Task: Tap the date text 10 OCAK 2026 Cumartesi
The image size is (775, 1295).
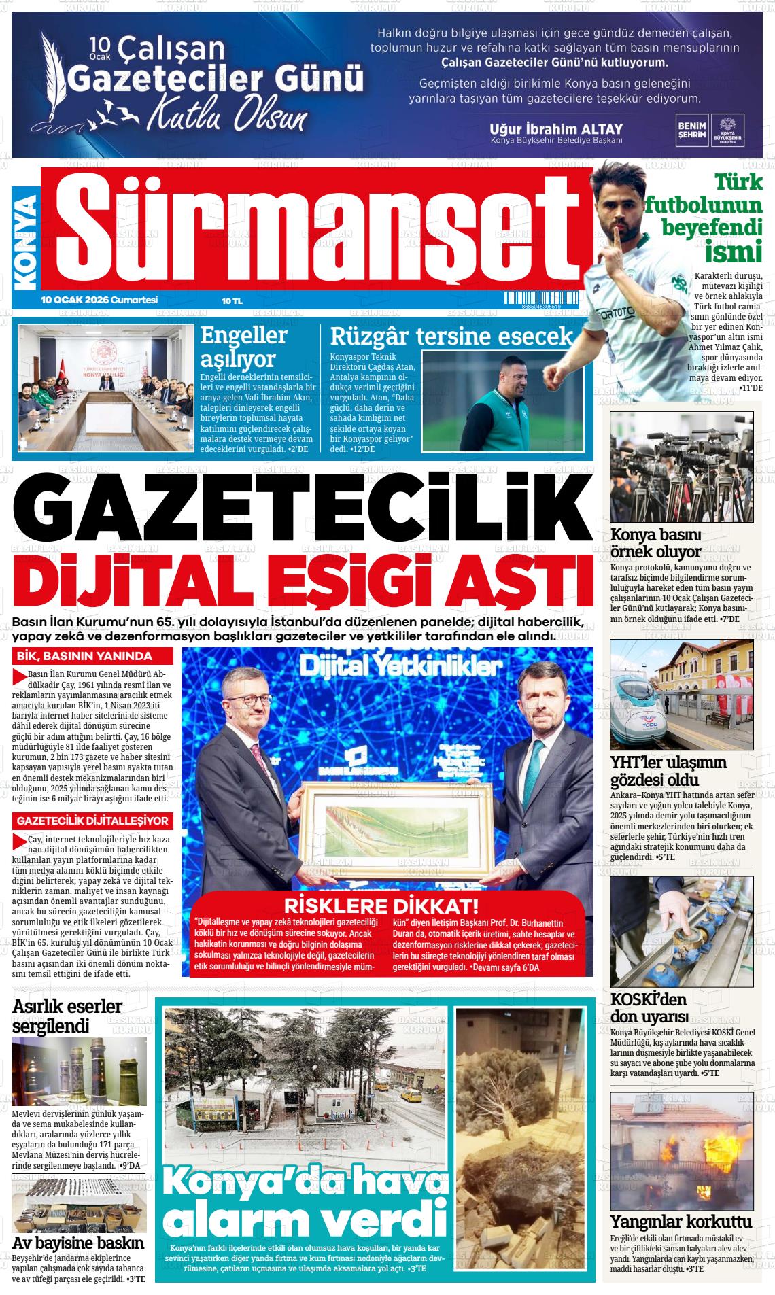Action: click(99, 300)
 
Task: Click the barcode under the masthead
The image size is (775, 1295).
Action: click(541, 300)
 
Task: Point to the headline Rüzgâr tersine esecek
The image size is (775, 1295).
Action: click(452, 336)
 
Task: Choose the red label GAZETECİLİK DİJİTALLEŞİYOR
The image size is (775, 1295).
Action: click(93, 821)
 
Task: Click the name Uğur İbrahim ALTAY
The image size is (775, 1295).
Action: click(555, 128)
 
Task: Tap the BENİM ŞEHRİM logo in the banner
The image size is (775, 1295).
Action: click(691, 129)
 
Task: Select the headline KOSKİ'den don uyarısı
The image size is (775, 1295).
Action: click(649, 1007)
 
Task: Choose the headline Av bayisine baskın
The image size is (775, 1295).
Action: click(78, 1243)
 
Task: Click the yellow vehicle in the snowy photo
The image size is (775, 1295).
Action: click(411, 1095)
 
